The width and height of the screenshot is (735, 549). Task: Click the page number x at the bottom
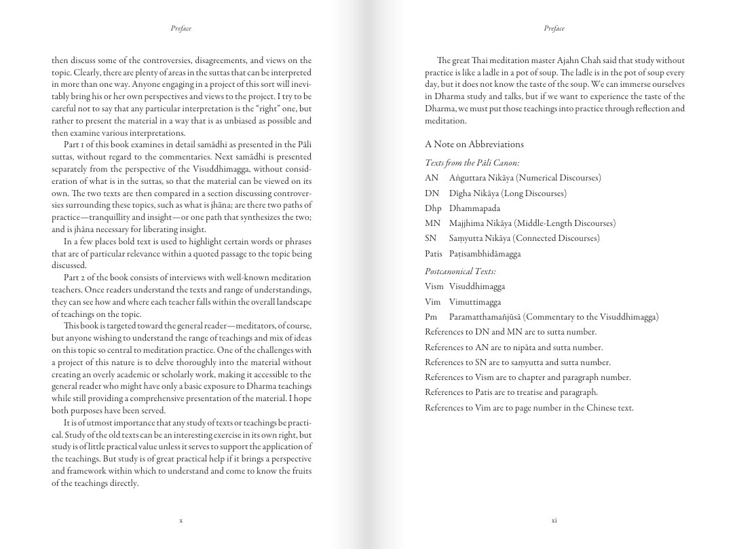tap(181, 520)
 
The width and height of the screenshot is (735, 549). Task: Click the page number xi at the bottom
tap(554, 520)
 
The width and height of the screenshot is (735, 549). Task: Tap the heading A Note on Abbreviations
tap(474, 145)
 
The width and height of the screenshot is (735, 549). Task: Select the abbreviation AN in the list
tap(432, 178)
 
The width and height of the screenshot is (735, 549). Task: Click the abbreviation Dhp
tap(433, 208)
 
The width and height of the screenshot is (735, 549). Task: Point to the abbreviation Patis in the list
tap(434, 254)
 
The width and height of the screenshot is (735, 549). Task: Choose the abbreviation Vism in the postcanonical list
tap(434, 286)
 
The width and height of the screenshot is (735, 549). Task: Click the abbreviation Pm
tap(432, 317)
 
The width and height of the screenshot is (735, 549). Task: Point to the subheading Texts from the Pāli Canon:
tap(472, 163)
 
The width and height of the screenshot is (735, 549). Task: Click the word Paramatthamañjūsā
tap(485, 317)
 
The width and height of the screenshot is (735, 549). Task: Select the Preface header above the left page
tap(181, 29)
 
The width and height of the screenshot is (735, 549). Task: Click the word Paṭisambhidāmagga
tap(485, 254)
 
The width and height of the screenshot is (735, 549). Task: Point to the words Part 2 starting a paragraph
tap(74, 278)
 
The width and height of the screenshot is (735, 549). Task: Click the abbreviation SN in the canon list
tap(431, 238)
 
